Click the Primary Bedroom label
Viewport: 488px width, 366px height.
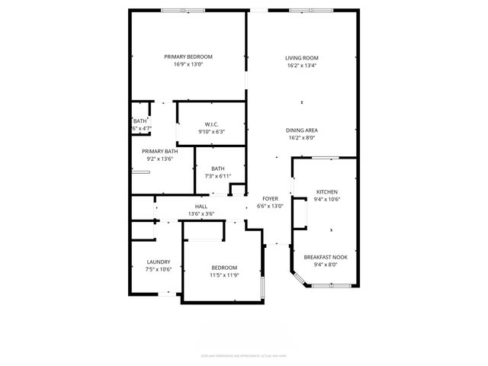click(x=188, y=57)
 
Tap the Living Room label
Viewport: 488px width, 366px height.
click(x=302, y=58)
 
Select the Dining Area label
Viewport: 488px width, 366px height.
click(x=302, y=130)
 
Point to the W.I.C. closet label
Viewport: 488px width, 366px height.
click(x=212, y=124)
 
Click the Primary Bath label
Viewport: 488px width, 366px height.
click(x=160, y=151)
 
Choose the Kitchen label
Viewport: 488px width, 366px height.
click(x=326, y=192)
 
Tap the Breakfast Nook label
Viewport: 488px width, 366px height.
click(x=326, y=257)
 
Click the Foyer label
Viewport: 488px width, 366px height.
click(x=270, y=198)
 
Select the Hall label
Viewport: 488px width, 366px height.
click(x=201, y=207)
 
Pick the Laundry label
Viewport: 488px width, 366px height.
click(x=159, y=262)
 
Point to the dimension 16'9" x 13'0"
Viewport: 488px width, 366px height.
click(x=188, y=65)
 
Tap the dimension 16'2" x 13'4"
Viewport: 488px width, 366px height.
click(x=302, y=66)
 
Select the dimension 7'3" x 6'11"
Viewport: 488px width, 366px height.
click(x=218, y=176)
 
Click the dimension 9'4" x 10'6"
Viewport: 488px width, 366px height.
click(x=326, y=200)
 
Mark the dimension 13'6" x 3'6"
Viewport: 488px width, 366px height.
click(x=201, y=214)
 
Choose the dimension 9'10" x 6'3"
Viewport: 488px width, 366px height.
click(x=212, y=132)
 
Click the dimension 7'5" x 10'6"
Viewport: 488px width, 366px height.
click(x=159, y=269)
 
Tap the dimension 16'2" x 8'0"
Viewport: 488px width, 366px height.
click(x=302, y=138)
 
